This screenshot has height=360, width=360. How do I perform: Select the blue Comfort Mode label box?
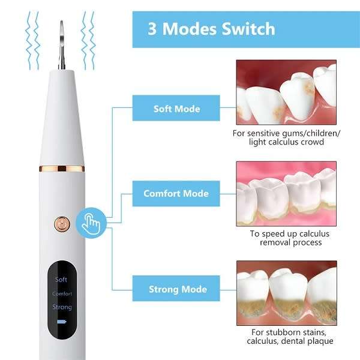[176, 193]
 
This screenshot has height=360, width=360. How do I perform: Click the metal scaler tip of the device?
[62, 45]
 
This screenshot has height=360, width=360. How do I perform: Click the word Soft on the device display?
[61, 280]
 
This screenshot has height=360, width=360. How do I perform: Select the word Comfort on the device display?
[62, 294]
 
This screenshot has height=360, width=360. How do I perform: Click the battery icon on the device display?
[61, 322]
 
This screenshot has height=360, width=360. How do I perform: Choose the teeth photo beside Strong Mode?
[286, 292]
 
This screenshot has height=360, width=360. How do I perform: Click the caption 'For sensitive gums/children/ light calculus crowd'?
[286, 137]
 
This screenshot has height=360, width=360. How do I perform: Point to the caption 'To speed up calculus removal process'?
[286, 238]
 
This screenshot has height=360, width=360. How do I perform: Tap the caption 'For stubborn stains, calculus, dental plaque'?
[286, 337]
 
